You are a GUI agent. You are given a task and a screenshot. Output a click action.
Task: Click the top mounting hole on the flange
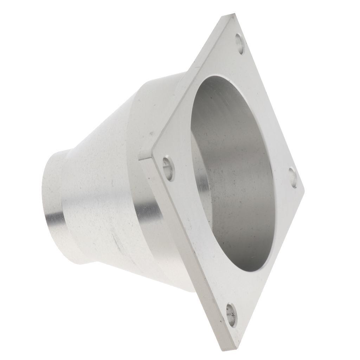tap(240, 44)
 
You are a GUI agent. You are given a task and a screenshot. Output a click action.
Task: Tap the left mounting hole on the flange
tap(169, 169)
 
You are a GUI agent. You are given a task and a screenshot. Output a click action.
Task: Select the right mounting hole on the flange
tap(293, 178)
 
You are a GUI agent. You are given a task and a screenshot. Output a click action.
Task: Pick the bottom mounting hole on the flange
tap(231, 315)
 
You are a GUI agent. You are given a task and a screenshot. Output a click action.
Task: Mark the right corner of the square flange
tap(303, 192)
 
